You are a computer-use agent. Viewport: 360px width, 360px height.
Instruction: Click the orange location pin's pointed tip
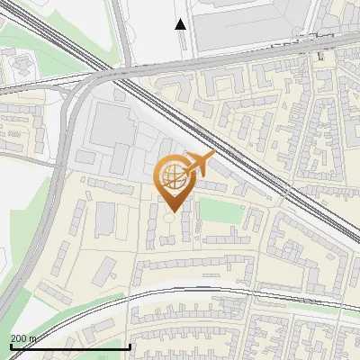(x=173, y=211)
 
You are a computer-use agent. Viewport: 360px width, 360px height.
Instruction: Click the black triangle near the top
(x=181, y=24)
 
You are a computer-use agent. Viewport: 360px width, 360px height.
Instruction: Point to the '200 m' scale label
(x=24, y=337)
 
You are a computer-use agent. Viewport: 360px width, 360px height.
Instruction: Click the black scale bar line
(x=70, y=346)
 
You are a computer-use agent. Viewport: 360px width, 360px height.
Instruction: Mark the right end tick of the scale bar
(x=130, y=346)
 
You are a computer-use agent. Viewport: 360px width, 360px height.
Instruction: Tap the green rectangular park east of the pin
(x=220, y=211)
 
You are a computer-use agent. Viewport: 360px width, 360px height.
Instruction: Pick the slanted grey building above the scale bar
(x=106, y=268)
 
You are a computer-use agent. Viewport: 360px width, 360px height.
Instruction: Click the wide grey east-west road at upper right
(x=270, y=49)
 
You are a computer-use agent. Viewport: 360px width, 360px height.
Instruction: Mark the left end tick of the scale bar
(x=10, y=346)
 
